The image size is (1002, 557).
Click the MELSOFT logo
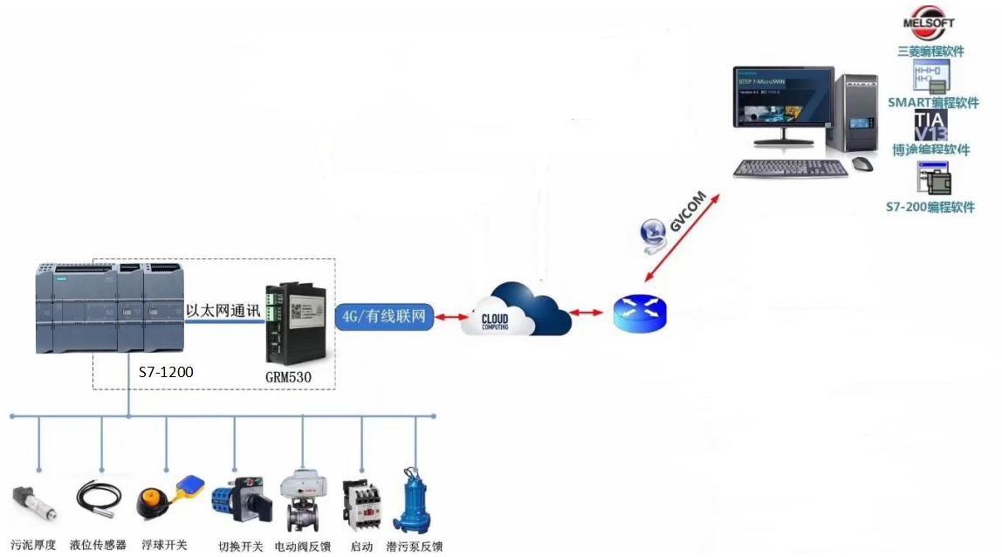coord(928,23)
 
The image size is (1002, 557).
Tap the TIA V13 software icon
coord(930,125)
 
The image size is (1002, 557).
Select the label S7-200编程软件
coord(930,207)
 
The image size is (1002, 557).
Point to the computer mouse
coord(861,164)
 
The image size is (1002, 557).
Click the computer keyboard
coord(789,168)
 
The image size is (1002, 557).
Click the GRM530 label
coord(287,378)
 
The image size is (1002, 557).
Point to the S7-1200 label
coord(166,372)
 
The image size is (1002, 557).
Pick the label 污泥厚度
coord(33,545)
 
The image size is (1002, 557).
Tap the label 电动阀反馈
coord(302,547)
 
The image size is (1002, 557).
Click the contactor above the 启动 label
coord(360,503)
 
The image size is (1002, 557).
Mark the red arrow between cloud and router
coord(586,313)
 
